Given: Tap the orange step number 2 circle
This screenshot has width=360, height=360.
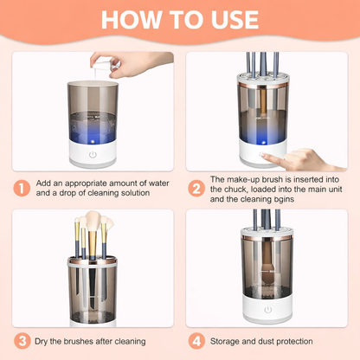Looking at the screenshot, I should click(196, 187).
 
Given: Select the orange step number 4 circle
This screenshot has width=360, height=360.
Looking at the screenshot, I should click(196, 340).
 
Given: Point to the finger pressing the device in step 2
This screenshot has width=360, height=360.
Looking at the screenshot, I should click(307, 159).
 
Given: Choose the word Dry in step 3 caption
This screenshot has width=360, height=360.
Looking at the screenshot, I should click(47, 340).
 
